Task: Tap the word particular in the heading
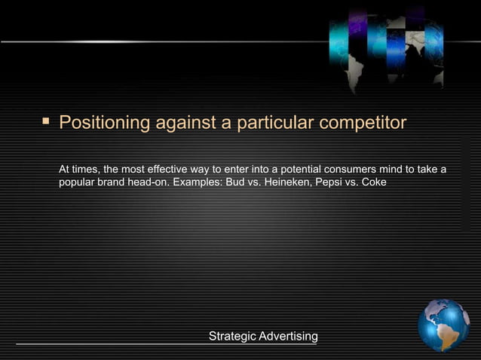(x=270, y=122)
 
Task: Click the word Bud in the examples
(x=235, y=182)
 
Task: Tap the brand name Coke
(x=374, y=182)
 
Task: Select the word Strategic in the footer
(x=232, y=336)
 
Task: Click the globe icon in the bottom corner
(x=444, y=325)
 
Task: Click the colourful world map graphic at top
(x=386, y=47)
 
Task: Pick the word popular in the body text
(x=77, y=182)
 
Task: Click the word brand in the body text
(x=111, y=182)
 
